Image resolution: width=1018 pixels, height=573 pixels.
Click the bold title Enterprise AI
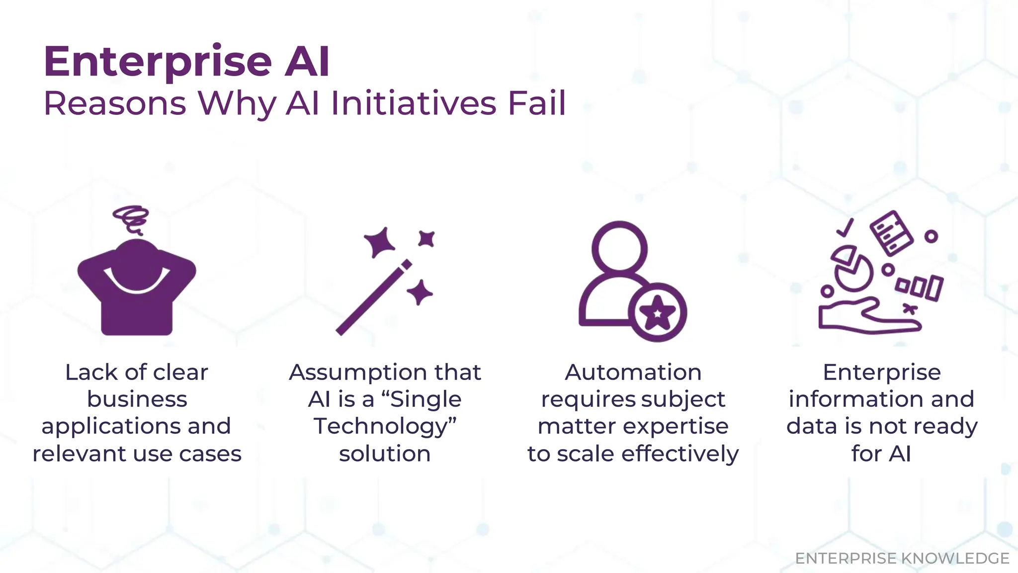coord(186,62)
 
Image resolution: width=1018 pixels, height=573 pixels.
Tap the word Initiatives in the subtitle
coord(413,103)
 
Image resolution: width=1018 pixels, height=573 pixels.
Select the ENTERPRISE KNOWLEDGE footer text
coord(902,558)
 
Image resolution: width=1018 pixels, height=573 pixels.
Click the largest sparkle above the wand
coord(380,242)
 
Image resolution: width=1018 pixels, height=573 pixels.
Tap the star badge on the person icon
coord(657,312)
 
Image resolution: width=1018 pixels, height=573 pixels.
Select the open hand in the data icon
coord(865,318)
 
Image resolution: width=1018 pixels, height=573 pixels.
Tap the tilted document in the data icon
coord(891,233)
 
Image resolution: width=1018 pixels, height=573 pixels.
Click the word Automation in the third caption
coord(633,372)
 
